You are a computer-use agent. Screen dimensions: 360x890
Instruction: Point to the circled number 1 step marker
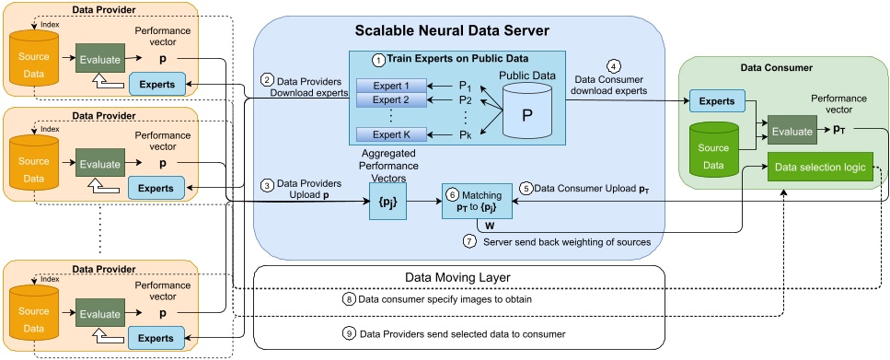click(x=377, y=59)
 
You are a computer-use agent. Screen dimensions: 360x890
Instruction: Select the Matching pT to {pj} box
click(x=475, y=201)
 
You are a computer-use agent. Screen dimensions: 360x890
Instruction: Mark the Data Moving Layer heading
click(x=457, y=276)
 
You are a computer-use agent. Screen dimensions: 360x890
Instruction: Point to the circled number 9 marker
click(x=348, y=332)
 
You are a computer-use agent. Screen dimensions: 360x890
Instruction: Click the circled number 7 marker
click(x=469, y=241)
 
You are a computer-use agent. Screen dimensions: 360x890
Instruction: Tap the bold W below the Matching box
click(x=490, y=224)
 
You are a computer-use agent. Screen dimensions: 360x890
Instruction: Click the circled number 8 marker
click(x=348, y=299)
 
